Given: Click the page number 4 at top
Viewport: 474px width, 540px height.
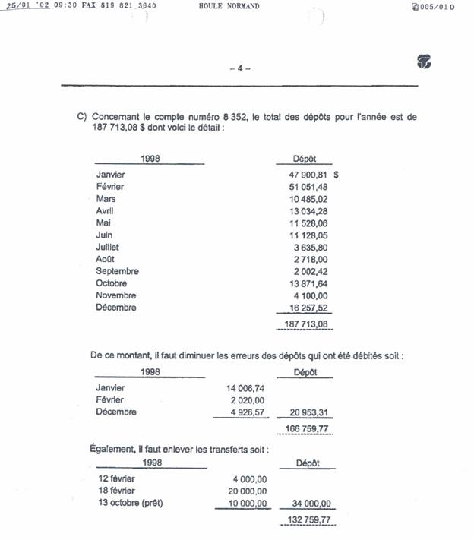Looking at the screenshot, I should pos(239,68).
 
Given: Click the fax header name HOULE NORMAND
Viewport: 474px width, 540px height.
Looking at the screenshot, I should pos(229,6).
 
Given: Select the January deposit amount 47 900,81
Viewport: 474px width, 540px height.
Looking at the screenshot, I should pos(303,175).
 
